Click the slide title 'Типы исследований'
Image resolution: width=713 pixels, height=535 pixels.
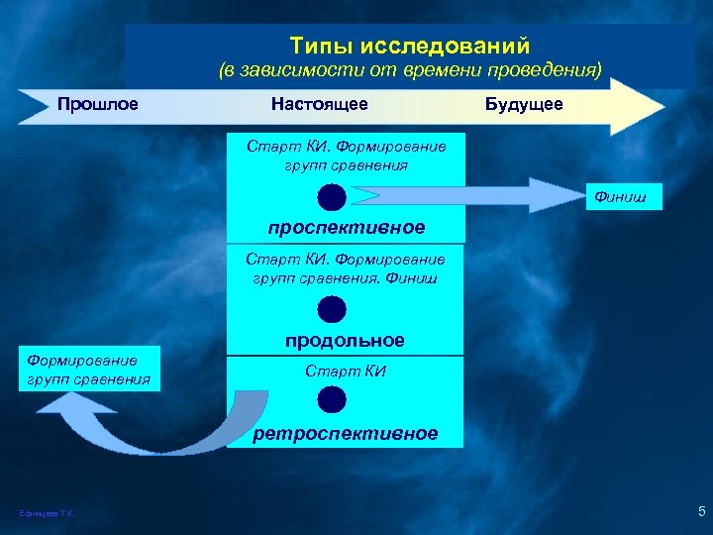pyautogui.click(x=410, y=47)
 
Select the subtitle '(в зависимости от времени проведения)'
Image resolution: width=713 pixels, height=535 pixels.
pyautogui.click(x=410, y=71)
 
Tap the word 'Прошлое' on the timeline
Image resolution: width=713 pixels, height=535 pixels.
pyautogui.click(x=97, y=104)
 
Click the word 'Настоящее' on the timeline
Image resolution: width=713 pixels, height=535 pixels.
pyautogui.click(x=319, y=104)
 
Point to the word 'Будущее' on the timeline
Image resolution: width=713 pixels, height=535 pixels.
pyautogui.click(x=524, y=104)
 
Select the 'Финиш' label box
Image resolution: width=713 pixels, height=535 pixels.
pyautogui.click(x=620, y=198)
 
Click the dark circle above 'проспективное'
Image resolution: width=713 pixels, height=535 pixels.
pyautogui.click(x=333, y=197)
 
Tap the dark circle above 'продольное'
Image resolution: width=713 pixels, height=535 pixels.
pyautogui.click(x=333, y=309)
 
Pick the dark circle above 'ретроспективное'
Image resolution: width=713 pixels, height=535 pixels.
pyautogui.click(x=333, y=399)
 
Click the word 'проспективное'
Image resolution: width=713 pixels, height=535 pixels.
pyautogui.click(x=346, y=228)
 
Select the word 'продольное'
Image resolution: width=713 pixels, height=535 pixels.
pyautogui.click(x=345, y=340)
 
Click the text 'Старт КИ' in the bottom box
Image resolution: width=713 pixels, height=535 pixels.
pyautogui.click(x=346, y=373)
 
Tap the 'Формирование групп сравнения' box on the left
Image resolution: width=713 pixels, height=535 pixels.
pyautogui.click(x=89, y=370)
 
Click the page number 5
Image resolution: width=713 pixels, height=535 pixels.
pyautogui.click(x=701, y=512)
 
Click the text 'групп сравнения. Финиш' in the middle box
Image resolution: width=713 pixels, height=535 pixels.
pyautogui.click(x=346, y=277)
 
